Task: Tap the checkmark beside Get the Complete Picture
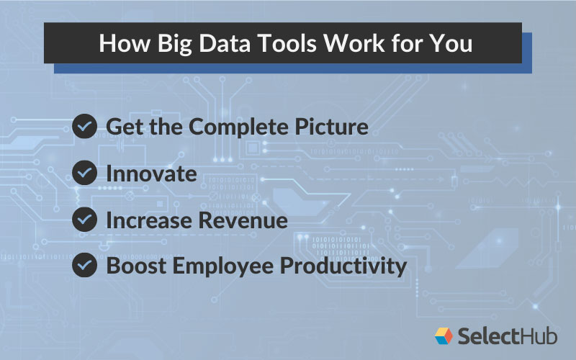[x=85, y=127]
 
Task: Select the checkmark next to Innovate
[x=85, y=174]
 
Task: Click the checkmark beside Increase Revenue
[x=85, y=220]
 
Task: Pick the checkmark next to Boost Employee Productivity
[x=85, y=266]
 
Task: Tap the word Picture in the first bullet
[x=335, y=127]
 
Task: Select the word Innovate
[x=151, y=174]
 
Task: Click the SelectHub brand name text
[x=507, y=335]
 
